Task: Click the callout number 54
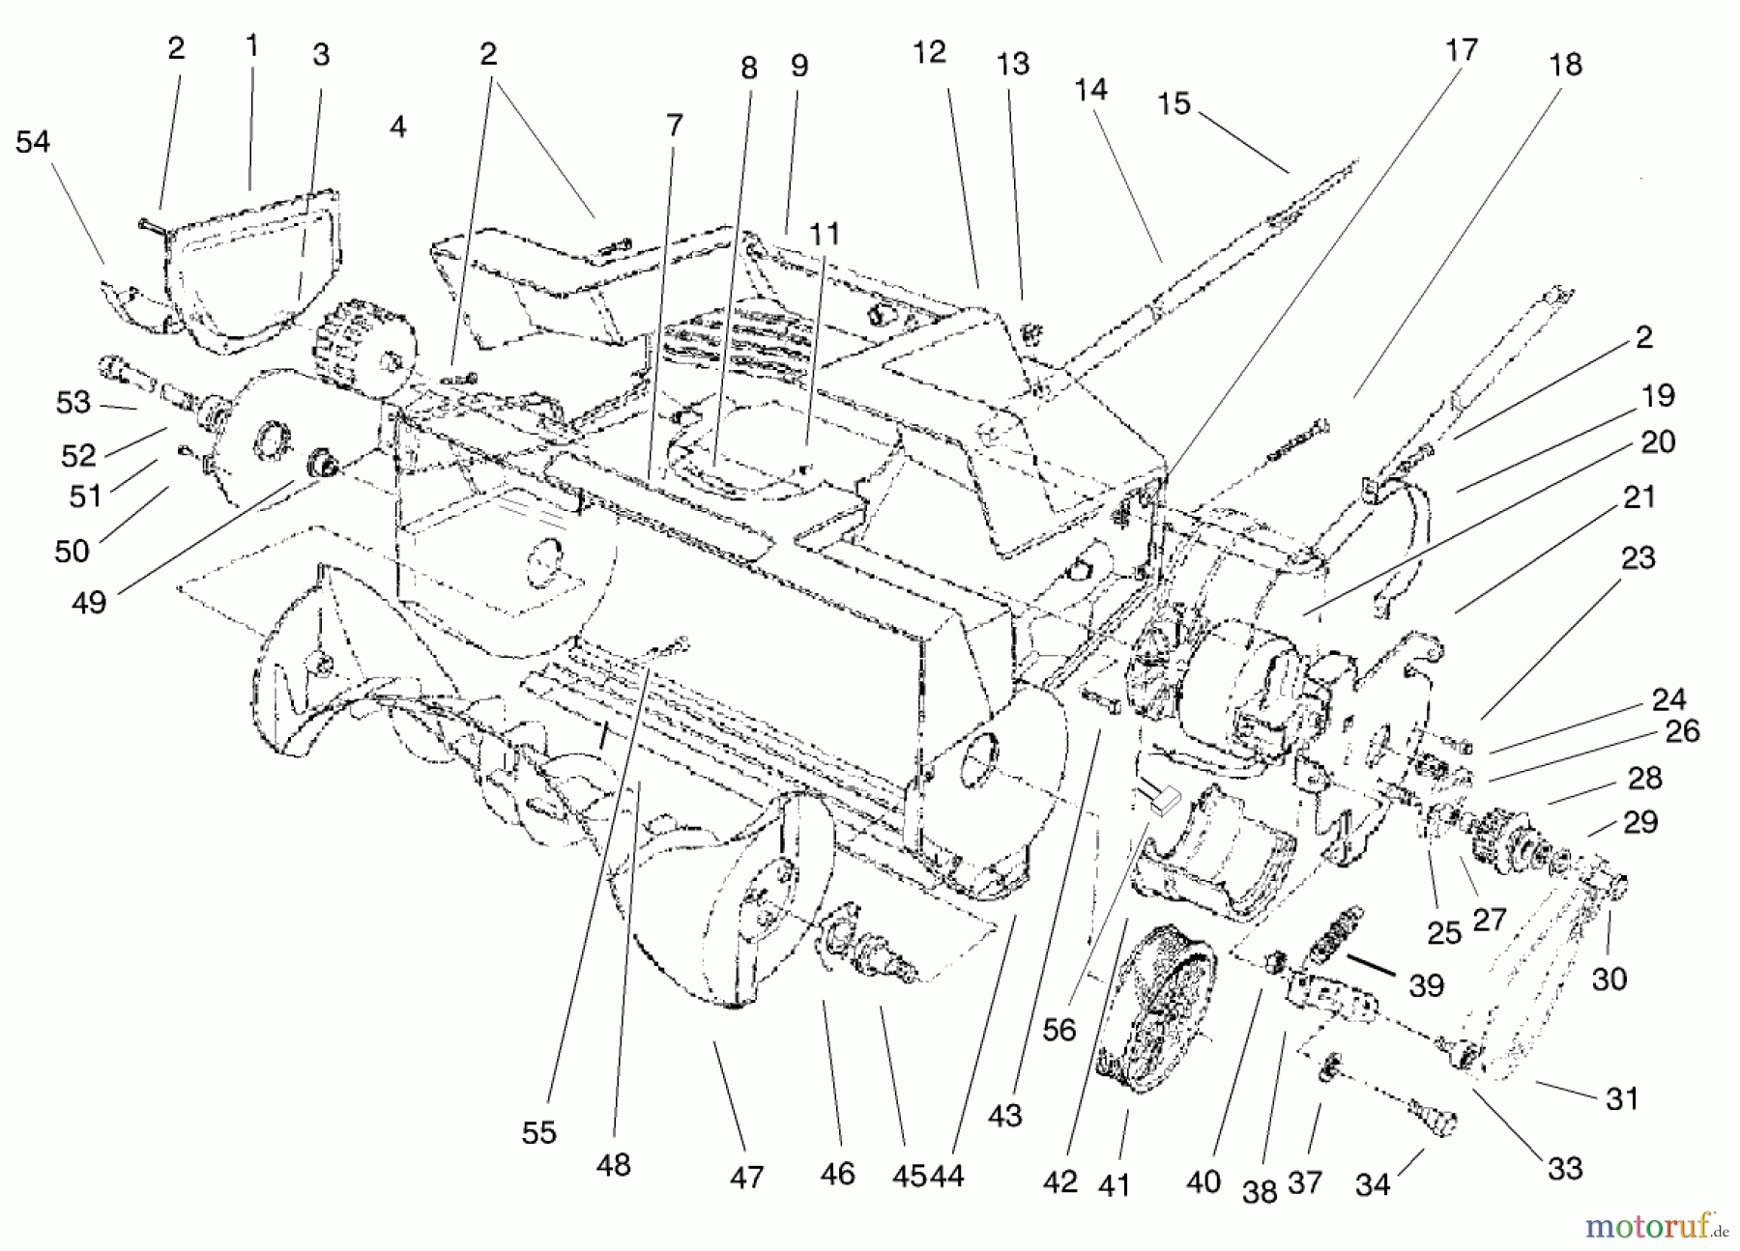click(x=33, y=142)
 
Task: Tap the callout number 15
click(x=1174, y=103)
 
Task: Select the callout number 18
click(x=1566, y=65)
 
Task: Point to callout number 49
click(x=89, y=602)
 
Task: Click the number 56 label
click(x=1059, y=1030)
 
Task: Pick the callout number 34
click(x=1373, y=1184)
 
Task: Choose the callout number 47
click(x=746, y=1178)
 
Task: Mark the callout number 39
click(x=1427, y=985)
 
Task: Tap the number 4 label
click(x=398, y=127)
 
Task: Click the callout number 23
click(x=1638, y=558)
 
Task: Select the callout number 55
click(x=539, y=1132)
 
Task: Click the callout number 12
click(x=929, y=53)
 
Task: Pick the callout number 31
click(x=1622, y=1098)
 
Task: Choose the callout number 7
click(x=674, y=126)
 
